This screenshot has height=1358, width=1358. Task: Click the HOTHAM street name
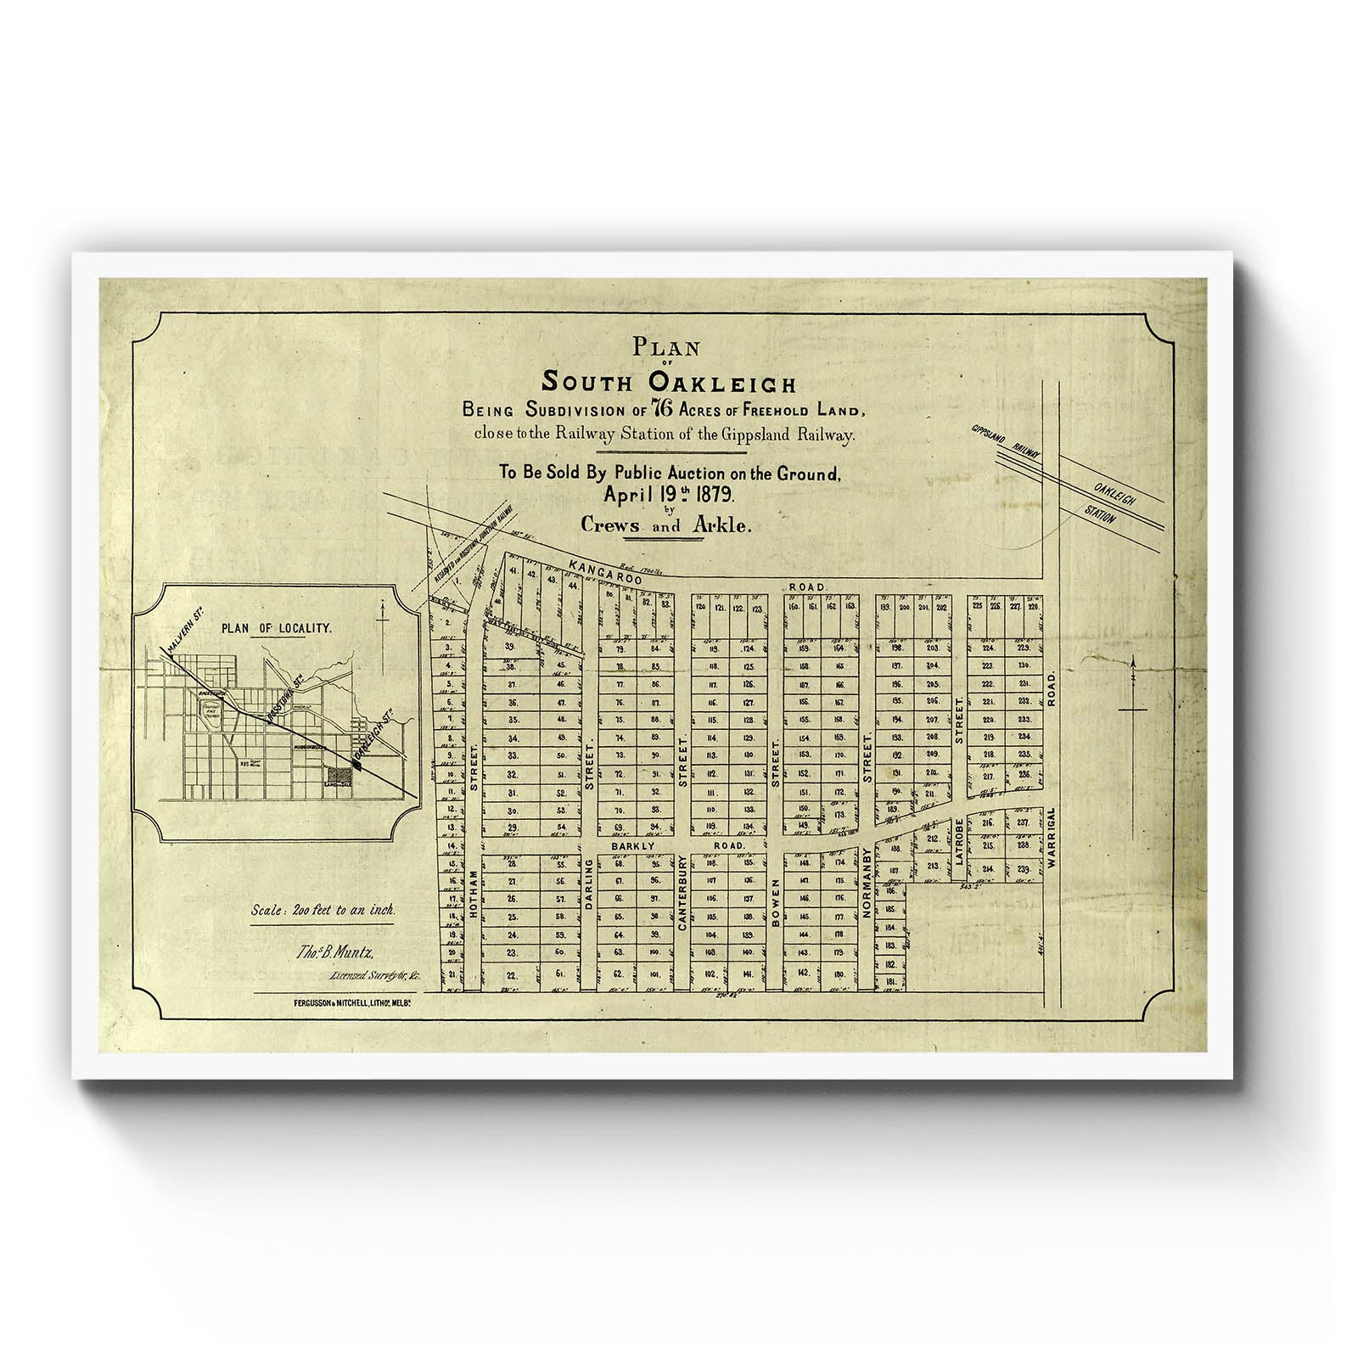point(474,890)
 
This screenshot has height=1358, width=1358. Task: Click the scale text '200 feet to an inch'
point(323,910)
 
